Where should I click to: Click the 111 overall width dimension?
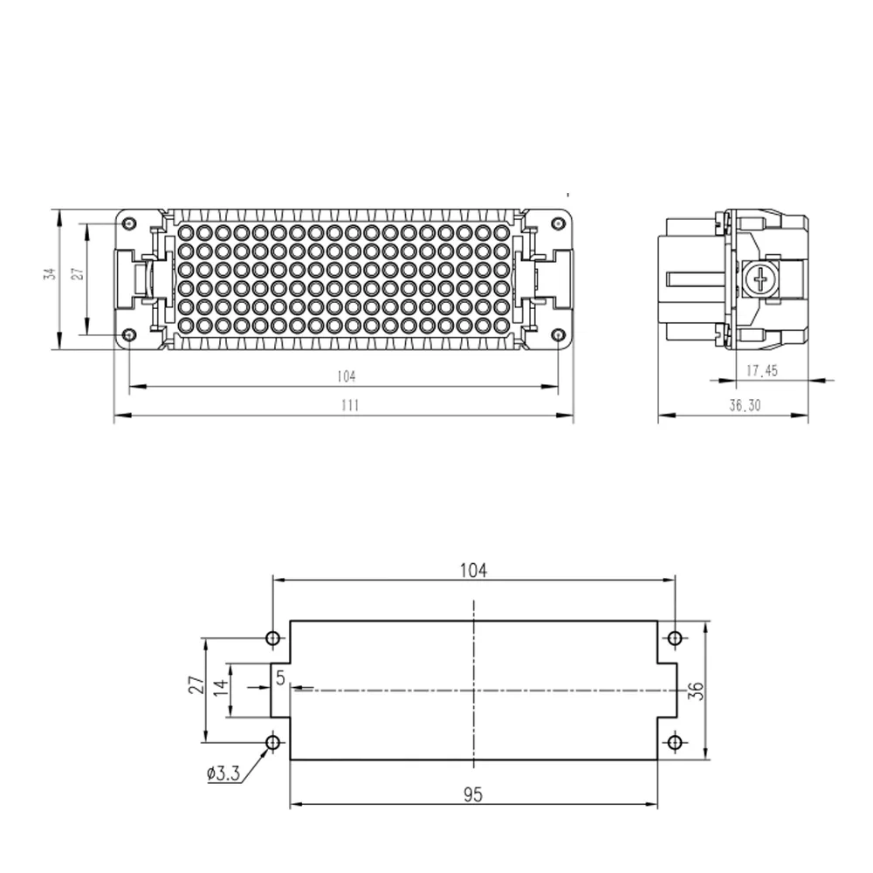point(350,405)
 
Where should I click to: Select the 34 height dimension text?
point(51,274)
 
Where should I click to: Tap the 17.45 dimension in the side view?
point(762,370)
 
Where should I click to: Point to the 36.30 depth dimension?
point(745,405)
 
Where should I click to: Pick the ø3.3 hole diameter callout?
point(223,773)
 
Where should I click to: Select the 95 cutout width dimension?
point(472,795)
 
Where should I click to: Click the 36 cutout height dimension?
point(697,691)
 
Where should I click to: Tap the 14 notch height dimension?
point(222,688)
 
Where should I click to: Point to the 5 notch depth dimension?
point(280,677)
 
